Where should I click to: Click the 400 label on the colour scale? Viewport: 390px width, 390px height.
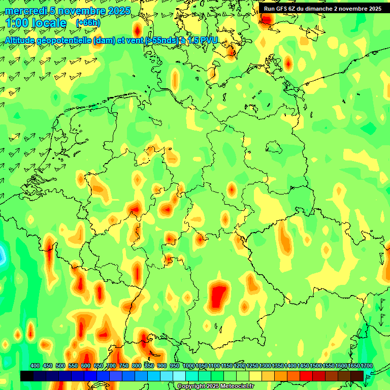35,366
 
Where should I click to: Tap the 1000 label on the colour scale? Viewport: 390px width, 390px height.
189,366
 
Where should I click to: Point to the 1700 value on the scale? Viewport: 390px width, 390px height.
367,366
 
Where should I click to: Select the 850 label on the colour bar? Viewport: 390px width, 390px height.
149,366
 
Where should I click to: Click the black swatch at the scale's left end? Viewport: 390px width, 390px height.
26,376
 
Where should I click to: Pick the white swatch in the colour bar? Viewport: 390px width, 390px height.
179,376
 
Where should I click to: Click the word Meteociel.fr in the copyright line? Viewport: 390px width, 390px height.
234,386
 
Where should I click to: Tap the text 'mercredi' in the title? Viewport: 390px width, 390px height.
25,11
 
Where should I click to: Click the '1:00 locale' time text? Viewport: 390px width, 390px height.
36,23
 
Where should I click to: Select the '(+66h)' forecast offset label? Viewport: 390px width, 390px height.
88,23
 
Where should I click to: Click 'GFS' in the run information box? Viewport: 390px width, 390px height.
289,9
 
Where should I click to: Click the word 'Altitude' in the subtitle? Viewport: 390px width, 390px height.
22,40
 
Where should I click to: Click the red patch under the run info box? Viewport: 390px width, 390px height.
267,18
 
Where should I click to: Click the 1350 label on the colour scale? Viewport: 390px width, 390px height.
278,366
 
